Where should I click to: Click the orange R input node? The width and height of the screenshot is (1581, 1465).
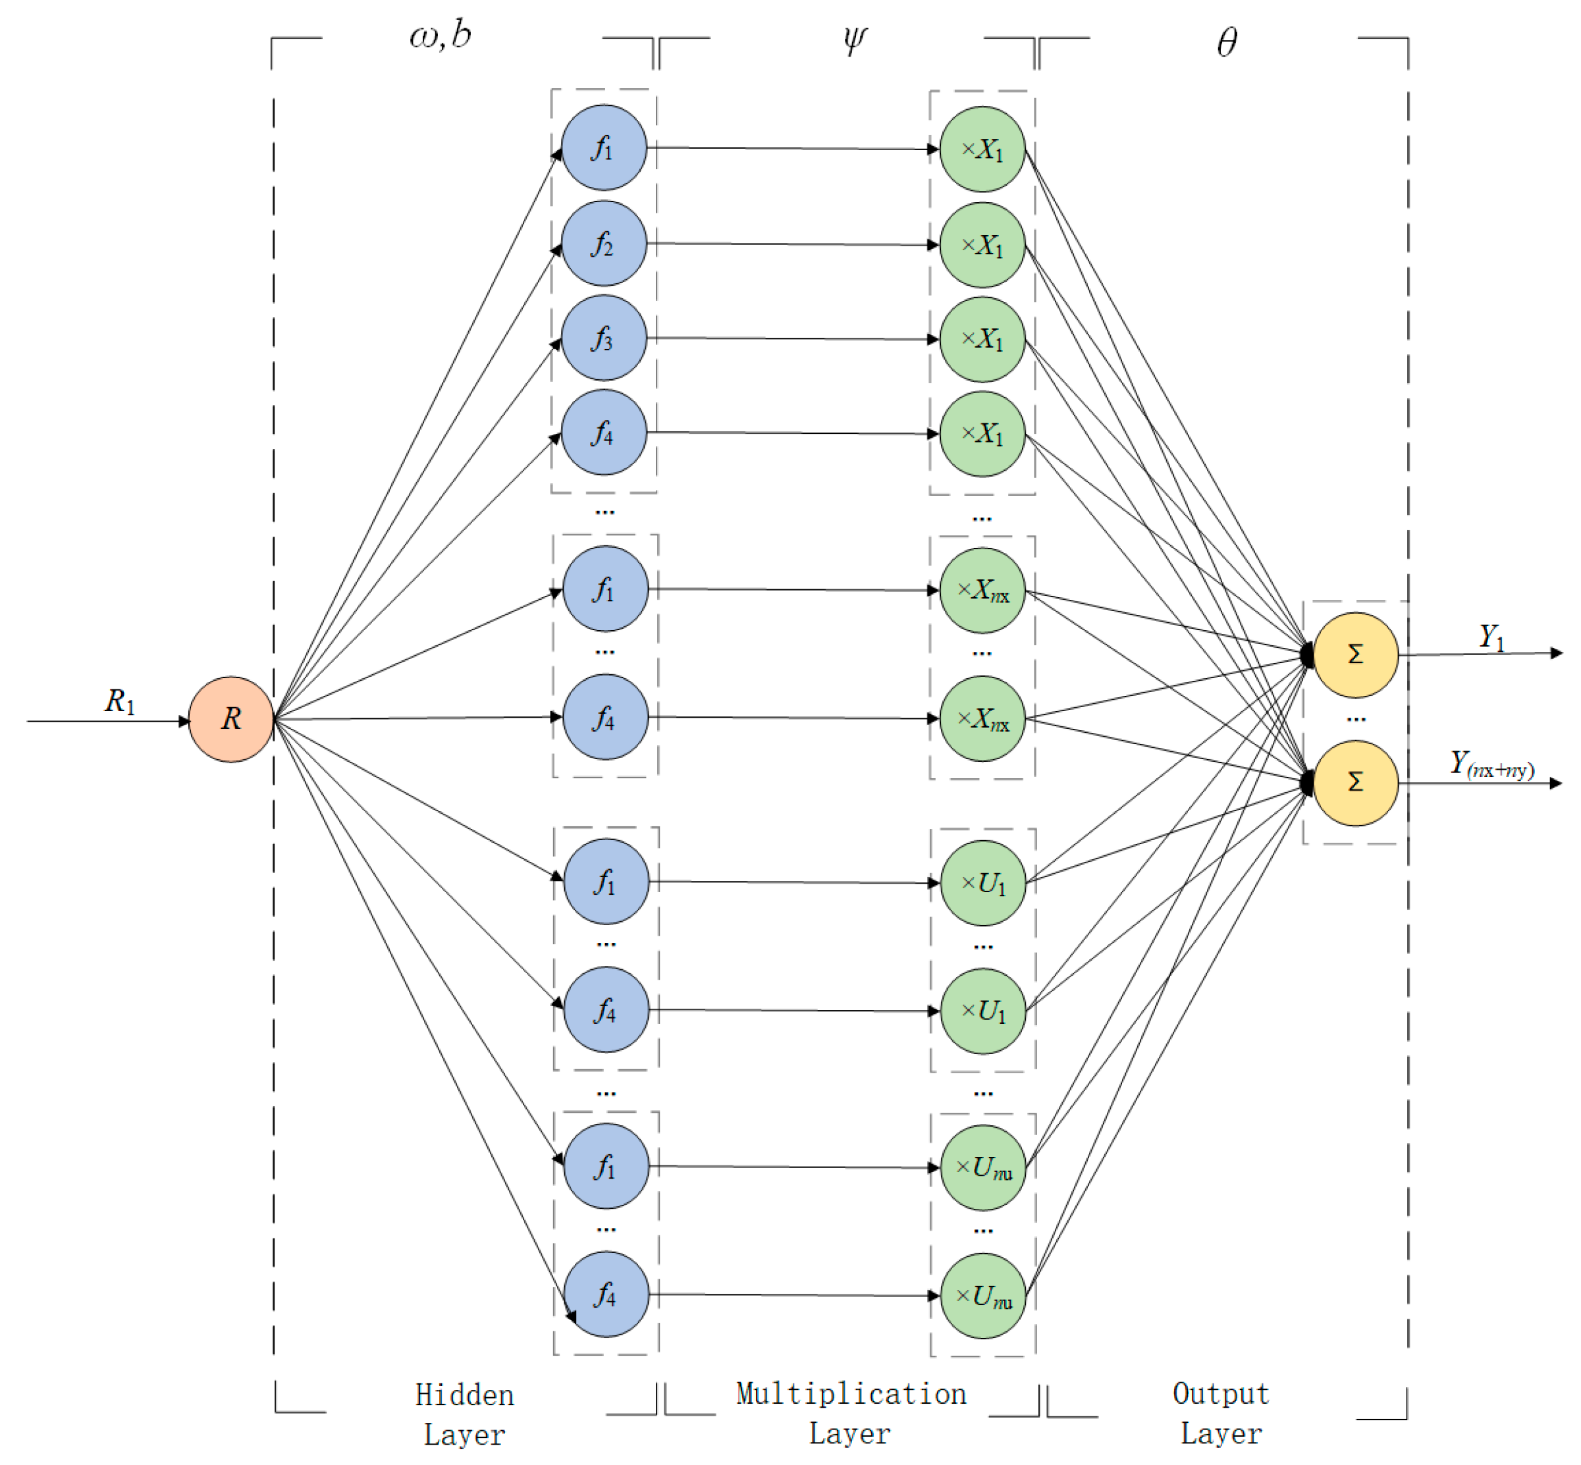tap(230, 719)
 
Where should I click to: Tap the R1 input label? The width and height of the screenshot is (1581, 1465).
tap(120, 701)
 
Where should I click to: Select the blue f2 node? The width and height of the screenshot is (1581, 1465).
tap(603, 244)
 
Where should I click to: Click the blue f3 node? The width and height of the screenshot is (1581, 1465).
tap(603, 338)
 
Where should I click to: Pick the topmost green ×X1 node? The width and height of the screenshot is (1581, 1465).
tap(982, 149)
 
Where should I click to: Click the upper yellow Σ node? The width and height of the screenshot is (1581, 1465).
tap(1355, 655)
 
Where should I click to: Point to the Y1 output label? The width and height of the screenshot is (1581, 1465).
tap(1491, 637)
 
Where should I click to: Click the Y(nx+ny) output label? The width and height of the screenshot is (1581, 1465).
tap(1491, 764)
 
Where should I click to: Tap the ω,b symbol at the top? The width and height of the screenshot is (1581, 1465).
tap(440, 36)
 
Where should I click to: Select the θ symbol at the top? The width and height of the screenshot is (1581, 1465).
tap(1227, 41)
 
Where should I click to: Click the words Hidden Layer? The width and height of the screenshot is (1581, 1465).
tap(465, 1415)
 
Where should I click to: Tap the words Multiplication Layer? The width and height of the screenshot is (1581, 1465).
tap(851, 1414)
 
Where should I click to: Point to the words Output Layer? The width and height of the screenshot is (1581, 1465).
tap(1220, 1414)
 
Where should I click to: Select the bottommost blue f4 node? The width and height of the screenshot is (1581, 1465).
tap(606, 1294)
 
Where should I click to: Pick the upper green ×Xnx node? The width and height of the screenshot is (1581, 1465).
tap(982, 590)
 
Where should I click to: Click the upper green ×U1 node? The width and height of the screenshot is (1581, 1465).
tap(982, 882)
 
